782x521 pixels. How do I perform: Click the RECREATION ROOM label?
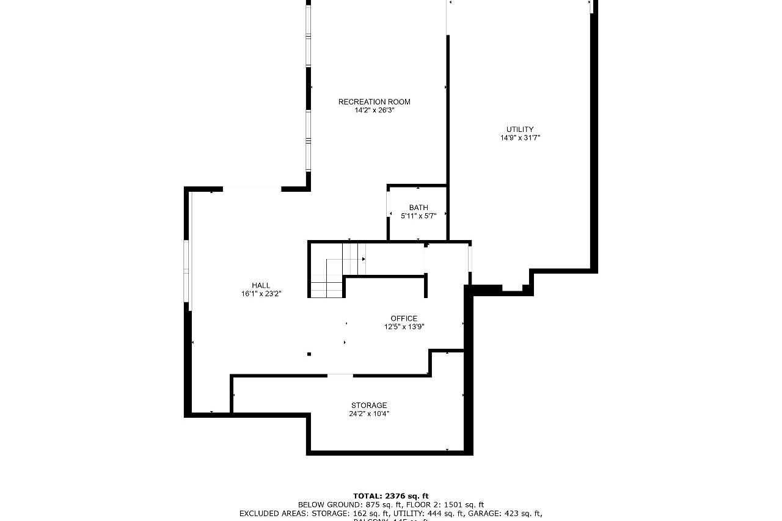374,101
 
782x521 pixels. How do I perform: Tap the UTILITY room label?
519,129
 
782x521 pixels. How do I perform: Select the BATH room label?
418,208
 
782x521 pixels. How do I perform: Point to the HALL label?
261,285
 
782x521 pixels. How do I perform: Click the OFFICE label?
404,318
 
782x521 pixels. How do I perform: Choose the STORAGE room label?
368,406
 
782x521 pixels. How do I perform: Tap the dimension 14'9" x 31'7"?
520,138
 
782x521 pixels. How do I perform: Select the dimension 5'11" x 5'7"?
418,216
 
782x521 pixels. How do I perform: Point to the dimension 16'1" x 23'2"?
261,294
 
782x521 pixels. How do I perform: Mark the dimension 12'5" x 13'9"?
404,327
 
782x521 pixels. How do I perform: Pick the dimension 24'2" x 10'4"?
368,414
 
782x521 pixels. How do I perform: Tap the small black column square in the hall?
309,354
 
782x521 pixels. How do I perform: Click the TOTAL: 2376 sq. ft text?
391,496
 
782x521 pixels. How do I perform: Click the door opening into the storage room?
340,375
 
